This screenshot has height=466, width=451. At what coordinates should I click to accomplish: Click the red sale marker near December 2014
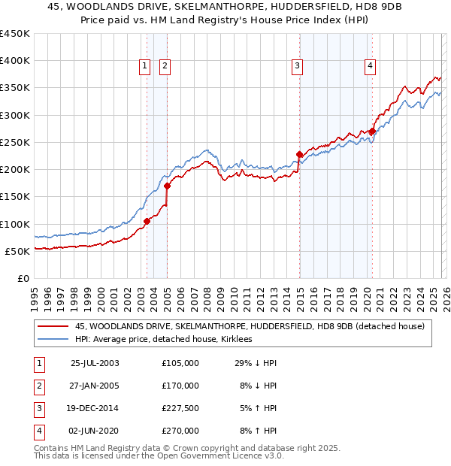pos(299,155)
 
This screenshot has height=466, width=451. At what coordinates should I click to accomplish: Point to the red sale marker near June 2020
pos(372,132)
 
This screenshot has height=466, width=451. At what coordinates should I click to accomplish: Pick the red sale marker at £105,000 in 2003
pos(147,221)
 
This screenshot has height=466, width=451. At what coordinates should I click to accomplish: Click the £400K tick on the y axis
pos(15,61)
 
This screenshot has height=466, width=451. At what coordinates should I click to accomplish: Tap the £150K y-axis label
pos(15,197)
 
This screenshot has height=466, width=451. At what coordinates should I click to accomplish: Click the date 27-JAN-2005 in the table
pos(95,386)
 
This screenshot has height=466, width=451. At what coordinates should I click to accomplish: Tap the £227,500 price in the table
pos(180,408)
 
